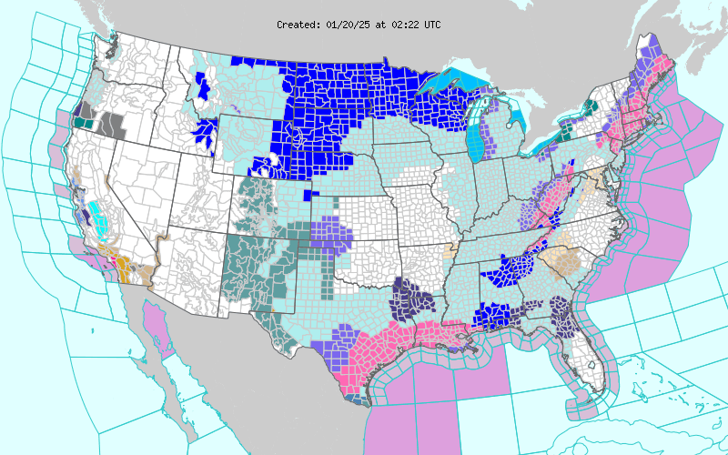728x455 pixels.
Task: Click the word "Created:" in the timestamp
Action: pyautogui.click(x=298, y=25)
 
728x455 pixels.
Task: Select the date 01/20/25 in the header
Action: pyautogui.click(x=347, y=25)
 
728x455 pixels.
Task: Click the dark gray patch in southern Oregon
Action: pyautogui.click(x=113, y=123)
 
